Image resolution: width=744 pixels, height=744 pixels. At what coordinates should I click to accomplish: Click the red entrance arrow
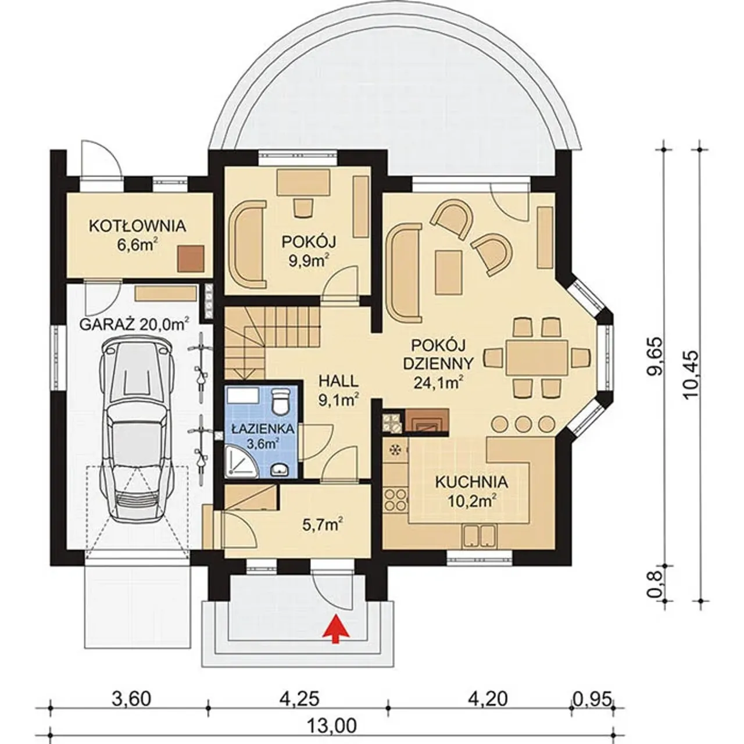point(335,618)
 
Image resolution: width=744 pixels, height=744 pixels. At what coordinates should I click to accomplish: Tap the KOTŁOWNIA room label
point(137,227)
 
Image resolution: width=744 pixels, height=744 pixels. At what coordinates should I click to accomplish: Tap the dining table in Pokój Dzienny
point(537,357)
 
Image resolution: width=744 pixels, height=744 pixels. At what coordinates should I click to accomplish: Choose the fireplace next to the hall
point(426,422)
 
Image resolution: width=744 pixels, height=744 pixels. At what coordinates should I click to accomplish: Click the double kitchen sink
point(480,536)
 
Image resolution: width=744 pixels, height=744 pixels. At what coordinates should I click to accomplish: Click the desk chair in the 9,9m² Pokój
point(303,207)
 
